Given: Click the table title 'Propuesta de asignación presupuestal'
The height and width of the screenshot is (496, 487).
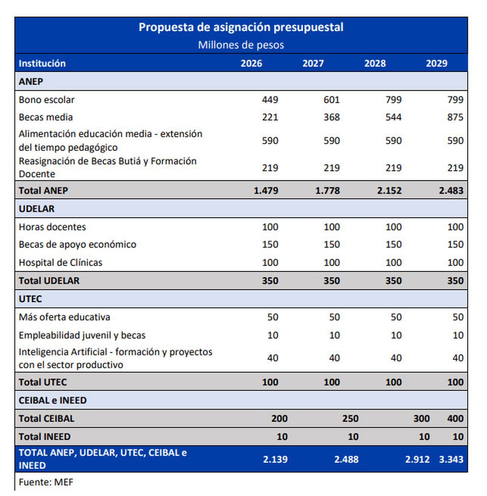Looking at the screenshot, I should point(241,27).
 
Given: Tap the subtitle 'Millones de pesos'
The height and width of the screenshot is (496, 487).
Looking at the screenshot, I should point(241,45).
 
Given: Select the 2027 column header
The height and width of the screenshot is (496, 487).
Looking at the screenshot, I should point(313,63).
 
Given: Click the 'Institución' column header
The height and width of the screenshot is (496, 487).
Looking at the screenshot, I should point(42,63).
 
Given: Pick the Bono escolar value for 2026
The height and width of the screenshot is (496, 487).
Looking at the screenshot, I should point(270,100).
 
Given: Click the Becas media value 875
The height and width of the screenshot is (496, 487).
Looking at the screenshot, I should point(455,117).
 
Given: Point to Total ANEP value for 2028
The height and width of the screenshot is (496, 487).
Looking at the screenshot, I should point(389,190).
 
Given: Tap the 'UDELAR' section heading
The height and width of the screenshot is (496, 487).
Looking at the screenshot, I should point(37,209).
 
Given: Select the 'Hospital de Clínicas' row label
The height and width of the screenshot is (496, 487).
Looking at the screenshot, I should point(60,263).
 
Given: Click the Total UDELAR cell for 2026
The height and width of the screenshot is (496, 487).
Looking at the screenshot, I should point(270,280).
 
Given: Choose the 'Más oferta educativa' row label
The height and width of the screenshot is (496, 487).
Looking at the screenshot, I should point(65,317).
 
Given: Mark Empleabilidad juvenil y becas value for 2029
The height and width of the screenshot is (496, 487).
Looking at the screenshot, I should point(458,335).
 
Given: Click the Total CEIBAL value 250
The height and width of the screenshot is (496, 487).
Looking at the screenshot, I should point(350,418).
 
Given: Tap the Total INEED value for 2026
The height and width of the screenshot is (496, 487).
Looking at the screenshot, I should point(282,437).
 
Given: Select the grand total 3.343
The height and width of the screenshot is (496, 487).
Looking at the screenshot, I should point(451,459).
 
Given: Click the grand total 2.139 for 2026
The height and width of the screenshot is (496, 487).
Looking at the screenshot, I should point(275,459).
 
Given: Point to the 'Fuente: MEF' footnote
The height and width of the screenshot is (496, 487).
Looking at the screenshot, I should point(46,482).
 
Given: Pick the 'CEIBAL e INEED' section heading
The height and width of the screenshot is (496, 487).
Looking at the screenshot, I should point(53,400).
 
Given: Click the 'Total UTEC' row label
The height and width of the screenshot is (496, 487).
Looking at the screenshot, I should point(43,382).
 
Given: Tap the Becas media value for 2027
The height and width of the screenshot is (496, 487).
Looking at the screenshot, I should point(332,117).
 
